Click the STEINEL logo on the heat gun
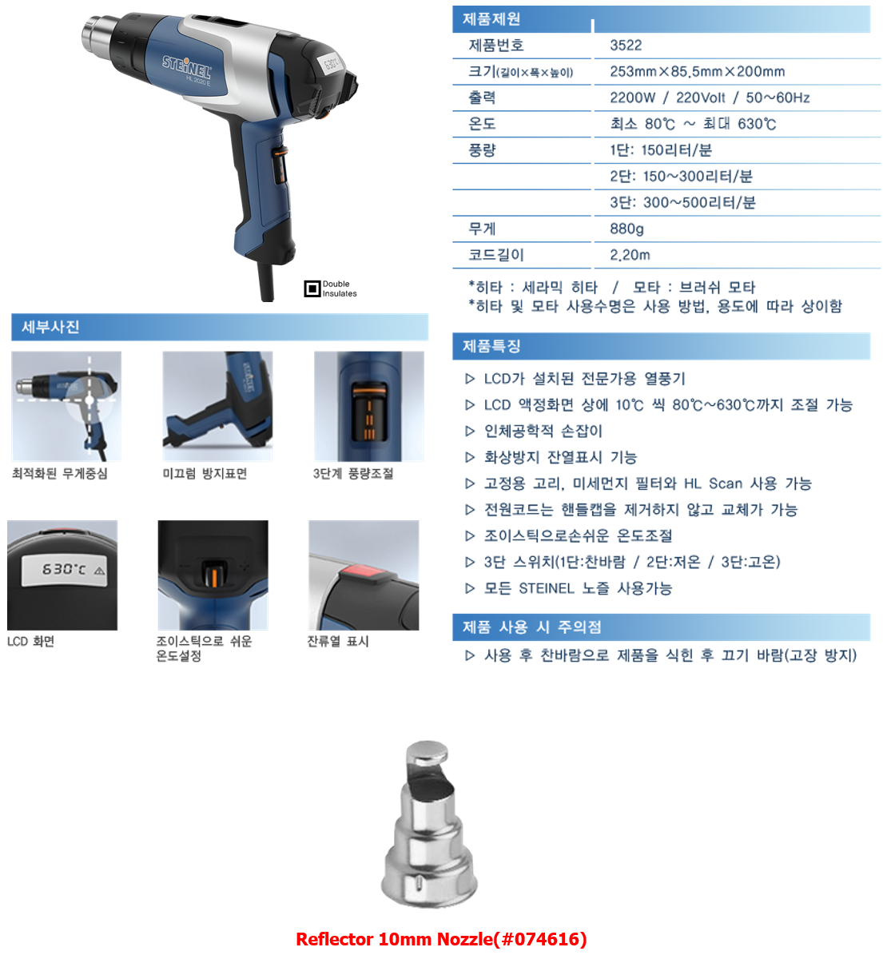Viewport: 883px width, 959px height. click(x=186, y=67)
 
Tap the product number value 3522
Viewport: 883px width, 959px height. click(x=626, y=46)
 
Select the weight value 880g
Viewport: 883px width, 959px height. click(x=626, y=229)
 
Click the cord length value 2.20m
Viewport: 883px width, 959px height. click(x=630, y=255)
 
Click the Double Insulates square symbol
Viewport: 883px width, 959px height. click(x=312, y=288)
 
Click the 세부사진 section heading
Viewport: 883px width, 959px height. click(x=50, y=327)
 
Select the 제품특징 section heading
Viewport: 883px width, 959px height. click(x=491, y=346)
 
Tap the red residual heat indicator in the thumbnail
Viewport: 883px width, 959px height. click(x=364, y=571)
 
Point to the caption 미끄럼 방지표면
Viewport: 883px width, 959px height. click(x=205, y=474)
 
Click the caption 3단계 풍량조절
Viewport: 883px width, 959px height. click(x=353, y=474)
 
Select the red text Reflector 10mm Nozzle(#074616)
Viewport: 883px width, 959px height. click(x=441, y=939)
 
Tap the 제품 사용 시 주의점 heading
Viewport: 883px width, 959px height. click(x=531, y=627)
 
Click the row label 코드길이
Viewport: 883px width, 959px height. click(x=496, y=255)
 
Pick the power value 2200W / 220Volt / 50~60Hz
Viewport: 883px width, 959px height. click(x=710, y=98)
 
